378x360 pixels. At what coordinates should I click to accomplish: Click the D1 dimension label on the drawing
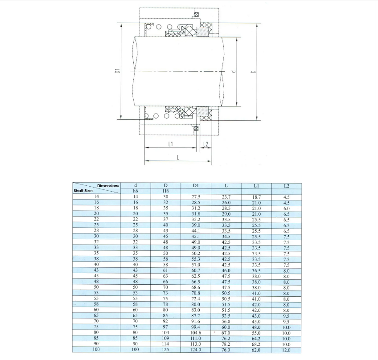(x=117, y=71)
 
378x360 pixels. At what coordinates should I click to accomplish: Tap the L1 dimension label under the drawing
(x=171, y=144)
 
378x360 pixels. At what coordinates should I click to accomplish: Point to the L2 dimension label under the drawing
(x=205, y=144)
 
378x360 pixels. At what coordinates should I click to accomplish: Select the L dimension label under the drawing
(x=178, y=157)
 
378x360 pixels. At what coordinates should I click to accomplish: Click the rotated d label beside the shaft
(x=233, y=71)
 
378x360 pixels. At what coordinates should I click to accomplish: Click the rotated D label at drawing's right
(x=253, y=72)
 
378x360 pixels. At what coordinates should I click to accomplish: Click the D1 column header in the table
(x=196, y=185)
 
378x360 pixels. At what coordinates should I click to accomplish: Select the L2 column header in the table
(x=286, y=186)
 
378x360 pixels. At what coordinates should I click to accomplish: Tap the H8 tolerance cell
(x=166, y=191)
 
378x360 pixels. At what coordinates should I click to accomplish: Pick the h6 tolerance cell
(x=136, y=191)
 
